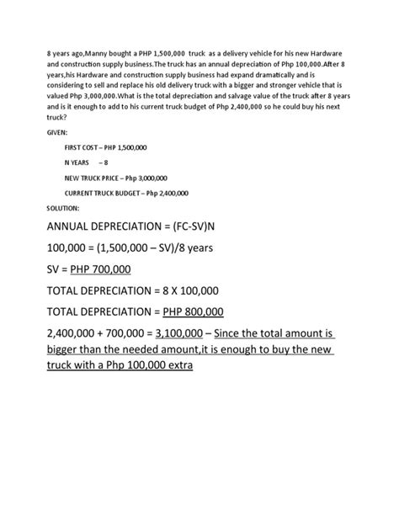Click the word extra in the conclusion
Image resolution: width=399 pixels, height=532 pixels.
[175, 368]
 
